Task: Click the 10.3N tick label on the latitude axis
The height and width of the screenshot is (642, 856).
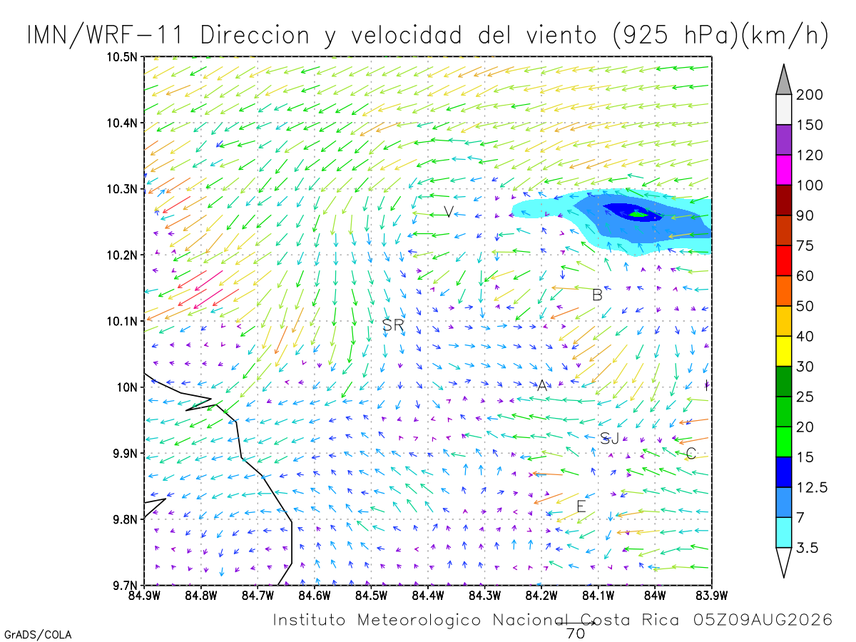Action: [x=122, y=189]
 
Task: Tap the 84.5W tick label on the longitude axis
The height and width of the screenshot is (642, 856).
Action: [x=371, y=596]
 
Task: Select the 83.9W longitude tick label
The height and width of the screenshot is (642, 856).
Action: [x=712, y=596]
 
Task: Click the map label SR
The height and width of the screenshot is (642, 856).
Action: [x=393, y=325]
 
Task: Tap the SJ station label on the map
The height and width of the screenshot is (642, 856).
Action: [x=609, y=438]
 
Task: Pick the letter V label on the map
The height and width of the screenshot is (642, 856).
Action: [x=449, y=212]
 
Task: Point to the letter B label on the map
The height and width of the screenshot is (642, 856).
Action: [x=597, y=295]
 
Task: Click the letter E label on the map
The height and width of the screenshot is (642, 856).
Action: [x=581, y=506]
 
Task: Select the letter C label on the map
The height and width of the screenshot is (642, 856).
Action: [x=691, y=453]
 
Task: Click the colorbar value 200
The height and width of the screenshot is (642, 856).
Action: [x=809, y=95]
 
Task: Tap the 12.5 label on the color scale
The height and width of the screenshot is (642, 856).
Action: [x=812, y=487]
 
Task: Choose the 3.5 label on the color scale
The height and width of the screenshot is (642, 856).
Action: [x=807, y=548]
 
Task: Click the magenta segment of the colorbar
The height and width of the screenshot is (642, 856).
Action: [x=783, y=170]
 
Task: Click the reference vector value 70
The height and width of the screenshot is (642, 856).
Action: [x=575, y=633]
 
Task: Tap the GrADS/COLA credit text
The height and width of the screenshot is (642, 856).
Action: [x=38, y=635]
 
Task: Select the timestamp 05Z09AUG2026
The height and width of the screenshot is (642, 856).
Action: [x=763, y=620]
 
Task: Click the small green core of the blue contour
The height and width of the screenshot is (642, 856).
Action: [x=638, y=214]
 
